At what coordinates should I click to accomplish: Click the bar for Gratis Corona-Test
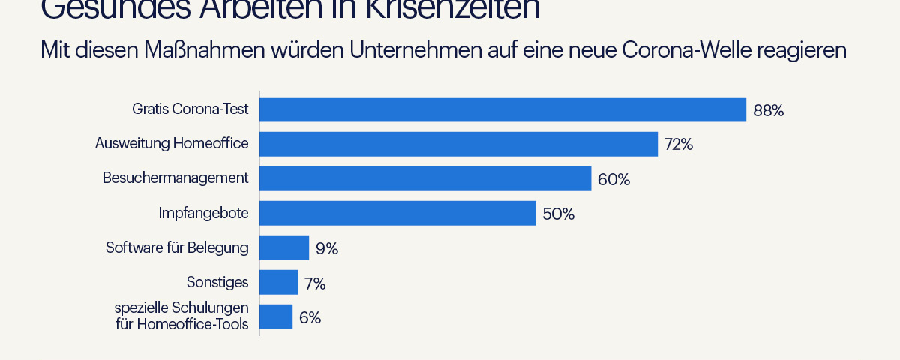click(x=502, y=109)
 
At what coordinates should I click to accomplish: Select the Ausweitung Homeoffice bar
click(x=458, y=144)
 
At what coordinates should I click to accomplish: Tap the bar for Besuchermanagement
click(x=425, y=178)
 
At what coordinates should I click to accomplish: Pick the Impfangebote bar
click(x=397, y=213)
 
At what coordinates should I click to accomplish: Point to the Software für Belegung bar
click(x=284, y=247)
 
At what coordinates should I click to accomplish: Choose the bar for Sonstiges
click(x=279, y=282)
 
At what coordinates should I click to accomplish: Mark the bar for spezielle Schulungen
click(x=276, y=316)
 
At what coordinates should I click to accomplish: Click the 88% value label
click(x=768, y=111)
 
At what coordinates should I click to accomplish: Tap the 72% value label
click(x=678, y=145)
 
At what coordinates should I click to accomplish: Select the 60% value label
click(x=613, y=180)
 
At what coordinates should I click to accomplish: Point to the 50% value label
click(x=558, y=214)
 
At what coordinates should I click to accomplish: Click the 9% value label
click(x=326, y=248)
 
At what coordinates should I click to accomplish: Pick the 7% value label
click(x=315, y=283)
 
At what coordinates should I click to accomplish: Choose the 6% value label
click(x=310, y=317)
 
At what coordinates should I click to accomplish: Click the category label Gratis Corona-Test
click(x=190, y=109)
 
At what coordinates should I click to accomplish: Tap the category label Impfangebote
click(x=203, y=213)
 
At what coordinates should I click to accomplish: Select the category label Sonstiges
click(x=217, y=282)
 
